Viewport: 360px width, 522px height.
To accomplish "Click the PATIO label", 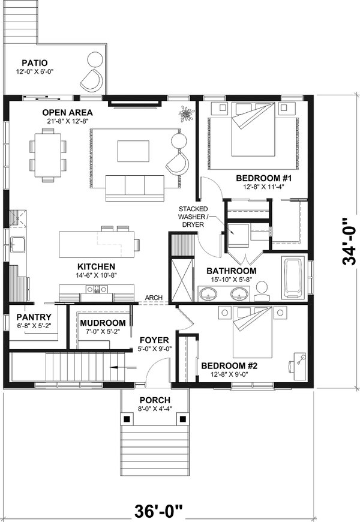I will pos(35,62).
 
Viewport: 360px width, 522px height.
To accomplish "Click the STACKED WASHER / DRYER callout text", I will pos(191,217).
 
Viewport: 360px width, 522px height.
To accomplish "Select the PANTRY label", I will pos(33,317).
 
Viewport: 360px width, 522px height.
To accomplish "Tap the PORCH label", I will pos(155,400).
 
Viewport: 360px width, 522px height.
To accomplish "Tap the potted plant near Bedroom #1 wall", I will pos(187,113).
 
